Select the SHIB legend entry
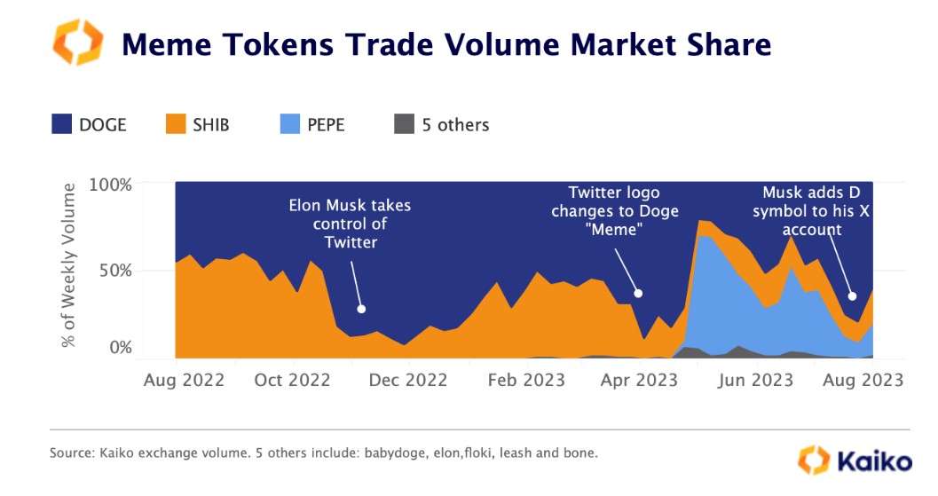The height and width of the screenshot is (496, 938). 197,125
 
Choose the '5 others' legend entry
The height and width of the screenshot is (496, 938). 440,125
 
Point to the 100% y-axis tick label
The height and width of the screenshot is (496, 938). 111,186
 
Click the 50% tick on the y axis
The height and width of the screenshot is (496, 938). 115,269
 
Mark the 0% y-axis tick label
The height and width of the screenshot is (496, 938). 120,348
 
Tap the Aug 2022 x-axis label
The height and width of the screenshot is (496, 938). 185,381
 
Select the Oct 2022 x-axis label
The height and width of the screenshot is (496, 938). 294,381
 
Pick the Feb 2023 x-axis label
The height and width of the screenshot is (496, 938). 525,381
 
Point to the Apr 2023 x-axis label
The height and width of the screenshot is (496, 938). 639,381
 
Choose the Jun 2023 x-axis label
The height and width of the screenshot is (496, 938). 755,381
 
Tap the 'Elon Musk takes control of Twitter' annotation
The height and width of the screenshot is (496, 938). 351,224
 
